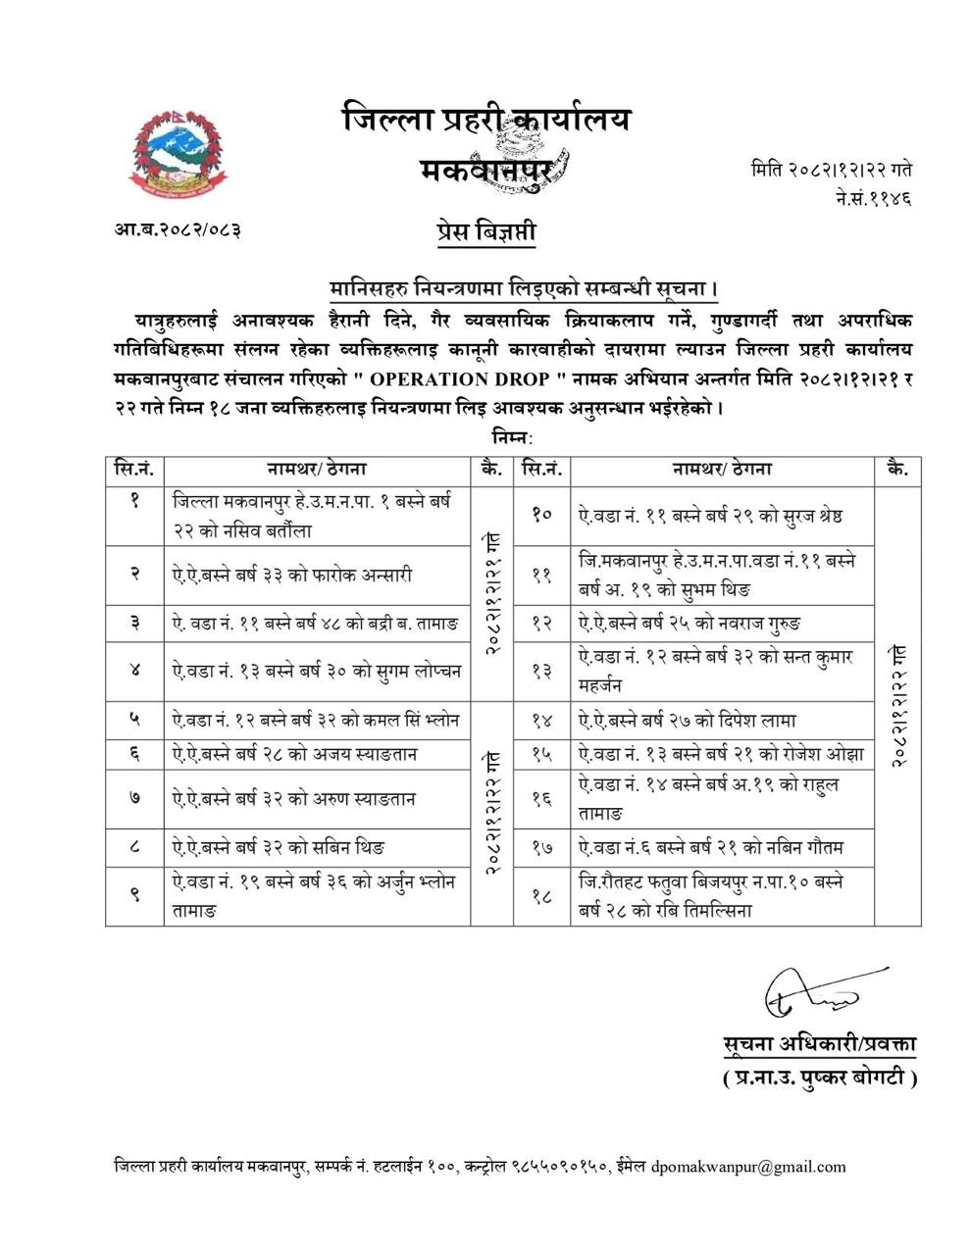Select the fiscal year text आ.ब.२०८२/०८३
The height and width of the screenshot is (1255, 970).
coord(178,230)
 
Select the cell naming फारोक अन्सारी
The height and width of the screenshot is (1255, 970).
coord(317,575)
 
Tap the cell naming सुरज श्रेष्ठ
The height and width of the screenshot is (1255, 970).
coord(723,515)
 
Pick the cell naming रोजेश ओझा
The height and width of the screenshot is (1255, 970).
coord(723,754)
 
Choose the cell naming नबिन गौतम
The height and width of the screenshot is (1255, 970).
coord(723,846)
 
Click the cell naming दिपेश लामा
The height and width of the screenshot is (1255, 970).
coord(723,721)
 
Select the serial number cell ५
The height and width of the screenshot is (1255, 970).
coord(134,720)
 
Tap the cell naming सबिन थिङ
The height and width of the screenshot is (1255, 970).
coord(317,846)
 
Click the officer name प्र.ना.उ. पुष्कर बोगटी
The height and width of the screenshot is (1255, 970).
coord(819,1079)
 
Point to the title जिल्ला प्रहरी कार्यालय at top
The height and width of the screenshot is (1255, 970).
coord(486,120)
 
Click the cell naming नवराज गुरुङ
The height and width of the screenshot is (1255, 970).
coord(723,623)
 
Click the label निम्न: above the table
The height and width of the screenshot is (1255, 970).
coord(511,437)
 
